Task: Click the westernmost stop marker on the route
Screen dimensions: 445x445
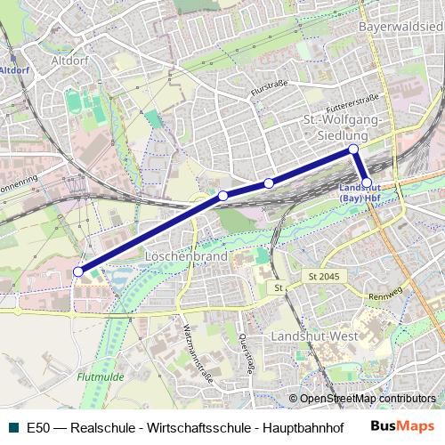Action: click(x=78, y=271)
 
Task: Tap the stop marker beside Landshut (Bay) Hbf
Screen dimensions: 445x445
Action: click(x=367, y=182)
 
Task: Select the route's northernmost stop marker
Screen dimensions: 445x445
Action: click(x=353, y=149)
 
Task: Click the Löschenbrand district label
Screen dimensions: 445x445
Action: click(x=185, y=255)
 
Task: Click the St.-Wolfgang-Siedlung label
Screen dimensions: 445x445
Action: click(x=342, y=126)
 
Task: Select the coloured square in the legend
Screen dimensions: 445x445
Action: click(x=11, y=427)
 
